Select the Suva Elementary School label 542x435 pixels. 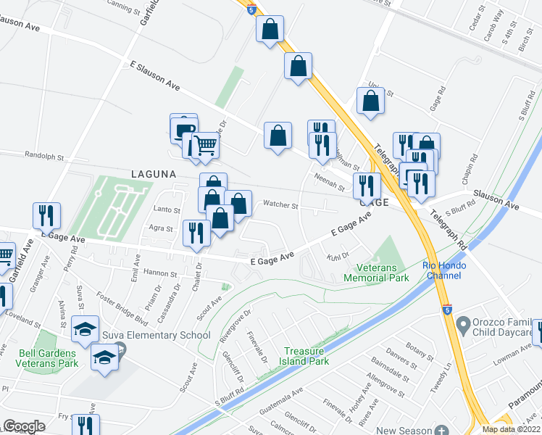point(166,335)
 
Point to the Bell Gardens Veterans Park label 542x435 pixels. point(47,359)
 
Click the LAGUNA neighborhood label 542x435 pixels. point(154,174)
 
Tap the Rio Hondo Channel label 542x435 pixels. point(443,270)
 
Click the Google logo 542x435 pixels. point(24,426)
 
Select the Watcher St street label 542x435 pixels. point(280,205)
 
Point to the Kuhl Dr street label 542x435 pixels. point(338,256)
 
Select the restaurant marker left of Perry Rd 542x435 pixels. point(46,215)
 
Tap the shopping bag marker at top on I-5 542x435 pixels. point(270,30)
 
